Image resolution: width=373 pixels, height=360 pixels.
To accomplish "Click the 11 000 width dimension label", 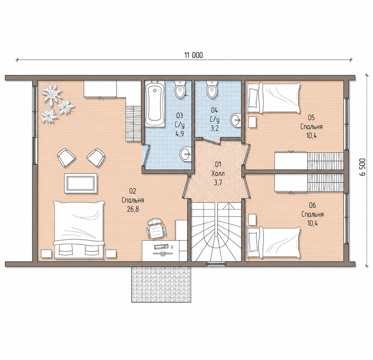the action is click(194, 55).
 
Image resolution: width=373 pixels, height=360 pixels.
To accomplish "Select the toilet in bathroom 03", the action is click(180, 90).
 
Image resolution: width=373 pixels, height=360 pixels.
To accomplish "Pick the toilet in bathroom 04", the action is click(212, 90).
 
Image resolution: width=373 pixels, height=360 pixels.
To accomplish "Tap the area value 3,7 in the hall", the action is click(218, 183).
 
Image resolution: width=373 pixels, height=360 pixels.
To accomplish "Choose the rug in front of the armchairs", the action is click(81, 183).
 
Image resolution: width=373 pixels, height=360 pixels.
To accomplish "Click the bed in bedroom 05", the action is click(274, 98).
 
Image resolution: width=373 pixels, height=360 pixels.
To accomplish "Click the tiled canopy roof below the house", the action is click(161, 285).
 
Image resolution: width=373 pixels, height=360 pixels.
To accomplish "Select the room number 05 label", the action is click(311, 117).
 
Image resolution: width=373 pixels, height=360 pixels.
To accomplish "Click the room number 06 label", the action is click(312, 205).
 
